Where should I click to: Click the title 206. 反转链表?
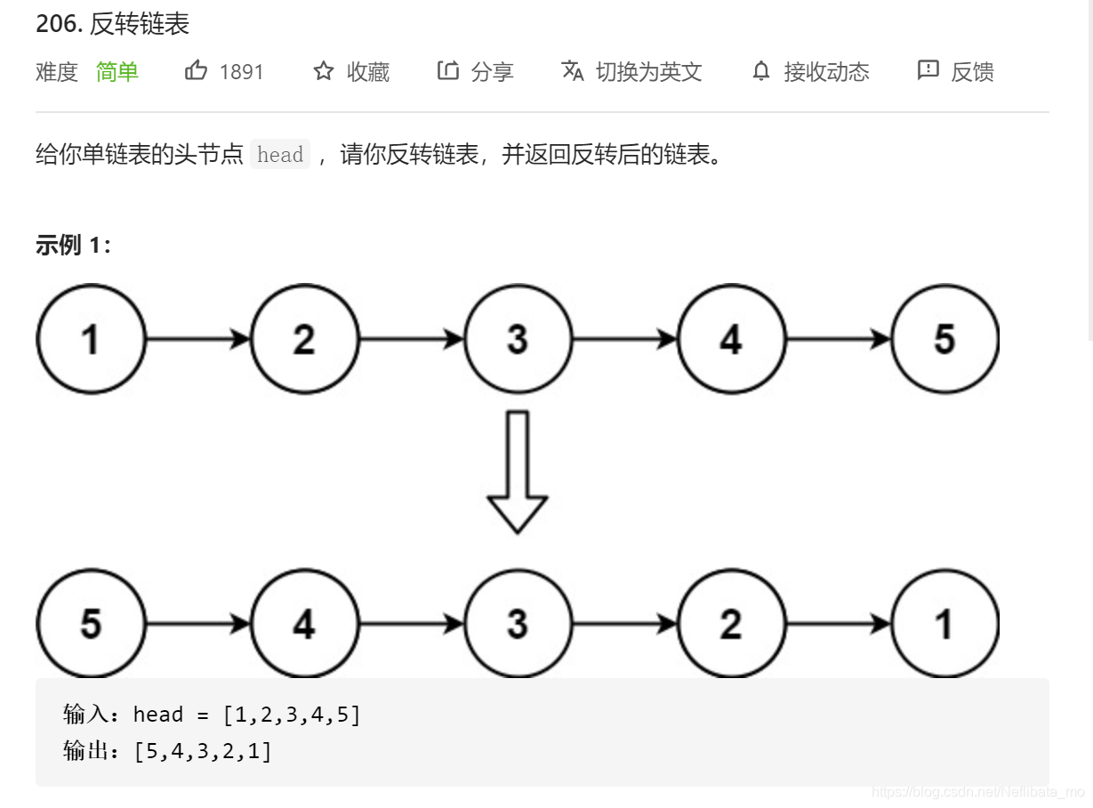113,24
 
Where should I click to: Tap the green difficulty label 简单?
117,72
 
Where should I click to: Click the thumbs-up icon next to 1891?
196,71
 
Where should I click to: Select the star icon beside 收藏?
323,71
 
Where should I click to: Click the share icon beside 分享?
447,71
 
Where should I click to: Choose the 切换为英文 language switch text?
648,72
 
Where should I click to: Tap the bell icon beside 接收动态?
760,71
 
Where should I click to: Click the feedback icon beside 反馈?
928,71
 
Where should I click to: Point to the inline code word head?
280,155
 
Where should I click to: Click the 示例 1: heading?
74,246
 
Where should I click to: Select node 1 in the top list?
90,339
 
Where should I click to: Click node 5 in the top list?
944,339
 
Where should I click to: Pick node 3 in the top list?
518,339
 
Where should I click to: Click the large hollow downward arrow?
517,472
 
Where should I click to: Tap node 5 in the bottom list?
90,624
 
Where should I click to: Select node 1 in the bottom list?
944,624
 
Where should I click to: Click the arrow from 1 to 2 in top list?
197,339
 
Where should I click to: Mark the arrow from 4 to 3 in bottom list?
411,624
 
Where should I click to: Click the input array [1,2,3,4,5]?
292,715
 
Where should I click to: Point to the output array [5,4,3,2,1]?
203,751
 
